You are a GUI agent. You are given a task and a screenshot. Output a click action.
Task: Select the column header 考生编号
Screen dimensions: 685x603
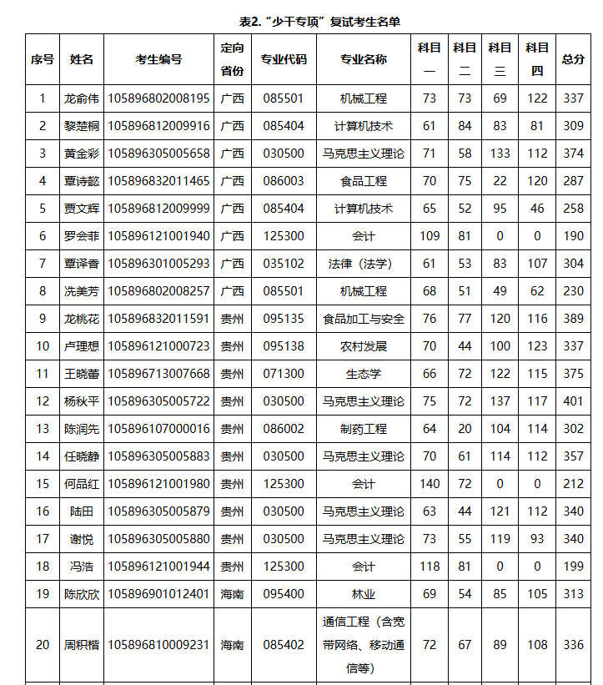(x=158, y=59)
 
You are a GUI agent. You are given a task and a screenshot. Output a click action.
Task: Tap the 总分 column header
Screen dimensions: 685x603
(x=573, y=59)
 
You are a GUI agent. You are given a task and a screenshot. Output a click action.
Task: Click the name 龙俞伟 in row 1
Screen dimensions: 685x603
(x=81, y=98)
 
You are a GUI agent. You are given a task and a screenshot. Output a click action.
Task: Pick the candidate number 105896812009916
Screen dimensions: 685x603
(x=158, y=126)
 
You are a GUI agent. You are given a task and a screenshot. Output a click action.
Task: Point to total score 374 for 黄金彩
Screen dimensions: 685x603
(x=573, y=154)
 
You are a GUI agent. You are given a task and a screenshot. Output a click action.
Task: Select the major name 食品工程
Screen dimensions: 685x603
(x=363, y=181)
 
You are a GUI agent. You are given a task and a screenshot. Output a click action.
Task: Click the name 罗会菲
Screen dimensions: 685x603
(x=81, y=236)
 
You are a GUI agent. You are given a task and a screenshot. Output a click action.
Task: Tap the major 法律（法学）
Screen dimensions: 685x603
(x=363, y=264)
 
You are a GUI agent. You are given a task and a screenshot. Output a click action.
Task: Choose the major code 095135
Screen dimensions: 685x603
(x=284, y=319)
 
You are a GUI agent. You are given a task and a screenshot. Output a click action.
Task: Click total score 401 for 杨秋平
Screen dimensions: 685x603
(x=573, y=401)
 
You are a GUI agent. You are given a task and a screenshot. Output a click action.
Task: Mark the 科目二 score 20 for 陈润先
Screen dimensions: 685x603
(x=465, y=429)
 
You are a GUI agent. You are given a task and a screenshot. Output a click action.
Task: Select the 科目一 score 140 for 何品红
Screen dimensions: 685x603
(x=430, y=484)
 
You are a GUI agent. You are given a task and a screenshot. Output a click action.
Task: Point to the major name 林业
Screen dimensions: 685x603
(x=363, y=594)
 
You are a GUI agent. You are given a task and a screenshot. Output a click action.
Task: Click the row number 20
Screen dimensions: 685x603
(x=43, y=645)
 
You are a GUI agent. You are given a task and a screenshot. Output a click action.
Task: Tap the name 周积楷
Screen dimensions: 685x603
(x=81, y=645)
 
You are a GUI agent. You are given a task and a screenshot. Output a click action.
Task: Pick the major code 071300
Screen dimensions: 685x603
(x=284, y=374)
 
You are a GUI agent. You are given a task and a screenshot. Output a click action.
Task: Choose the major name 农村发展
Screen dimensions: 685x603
(x=363, y=346)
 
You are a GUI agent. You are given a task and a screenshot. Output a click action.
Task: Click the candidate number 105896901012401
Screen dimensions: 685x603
(x=158, y=594)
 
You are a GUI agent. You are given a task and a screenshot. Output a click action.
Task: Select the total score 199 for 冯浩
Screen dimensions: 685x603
(x=573, y=567)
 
